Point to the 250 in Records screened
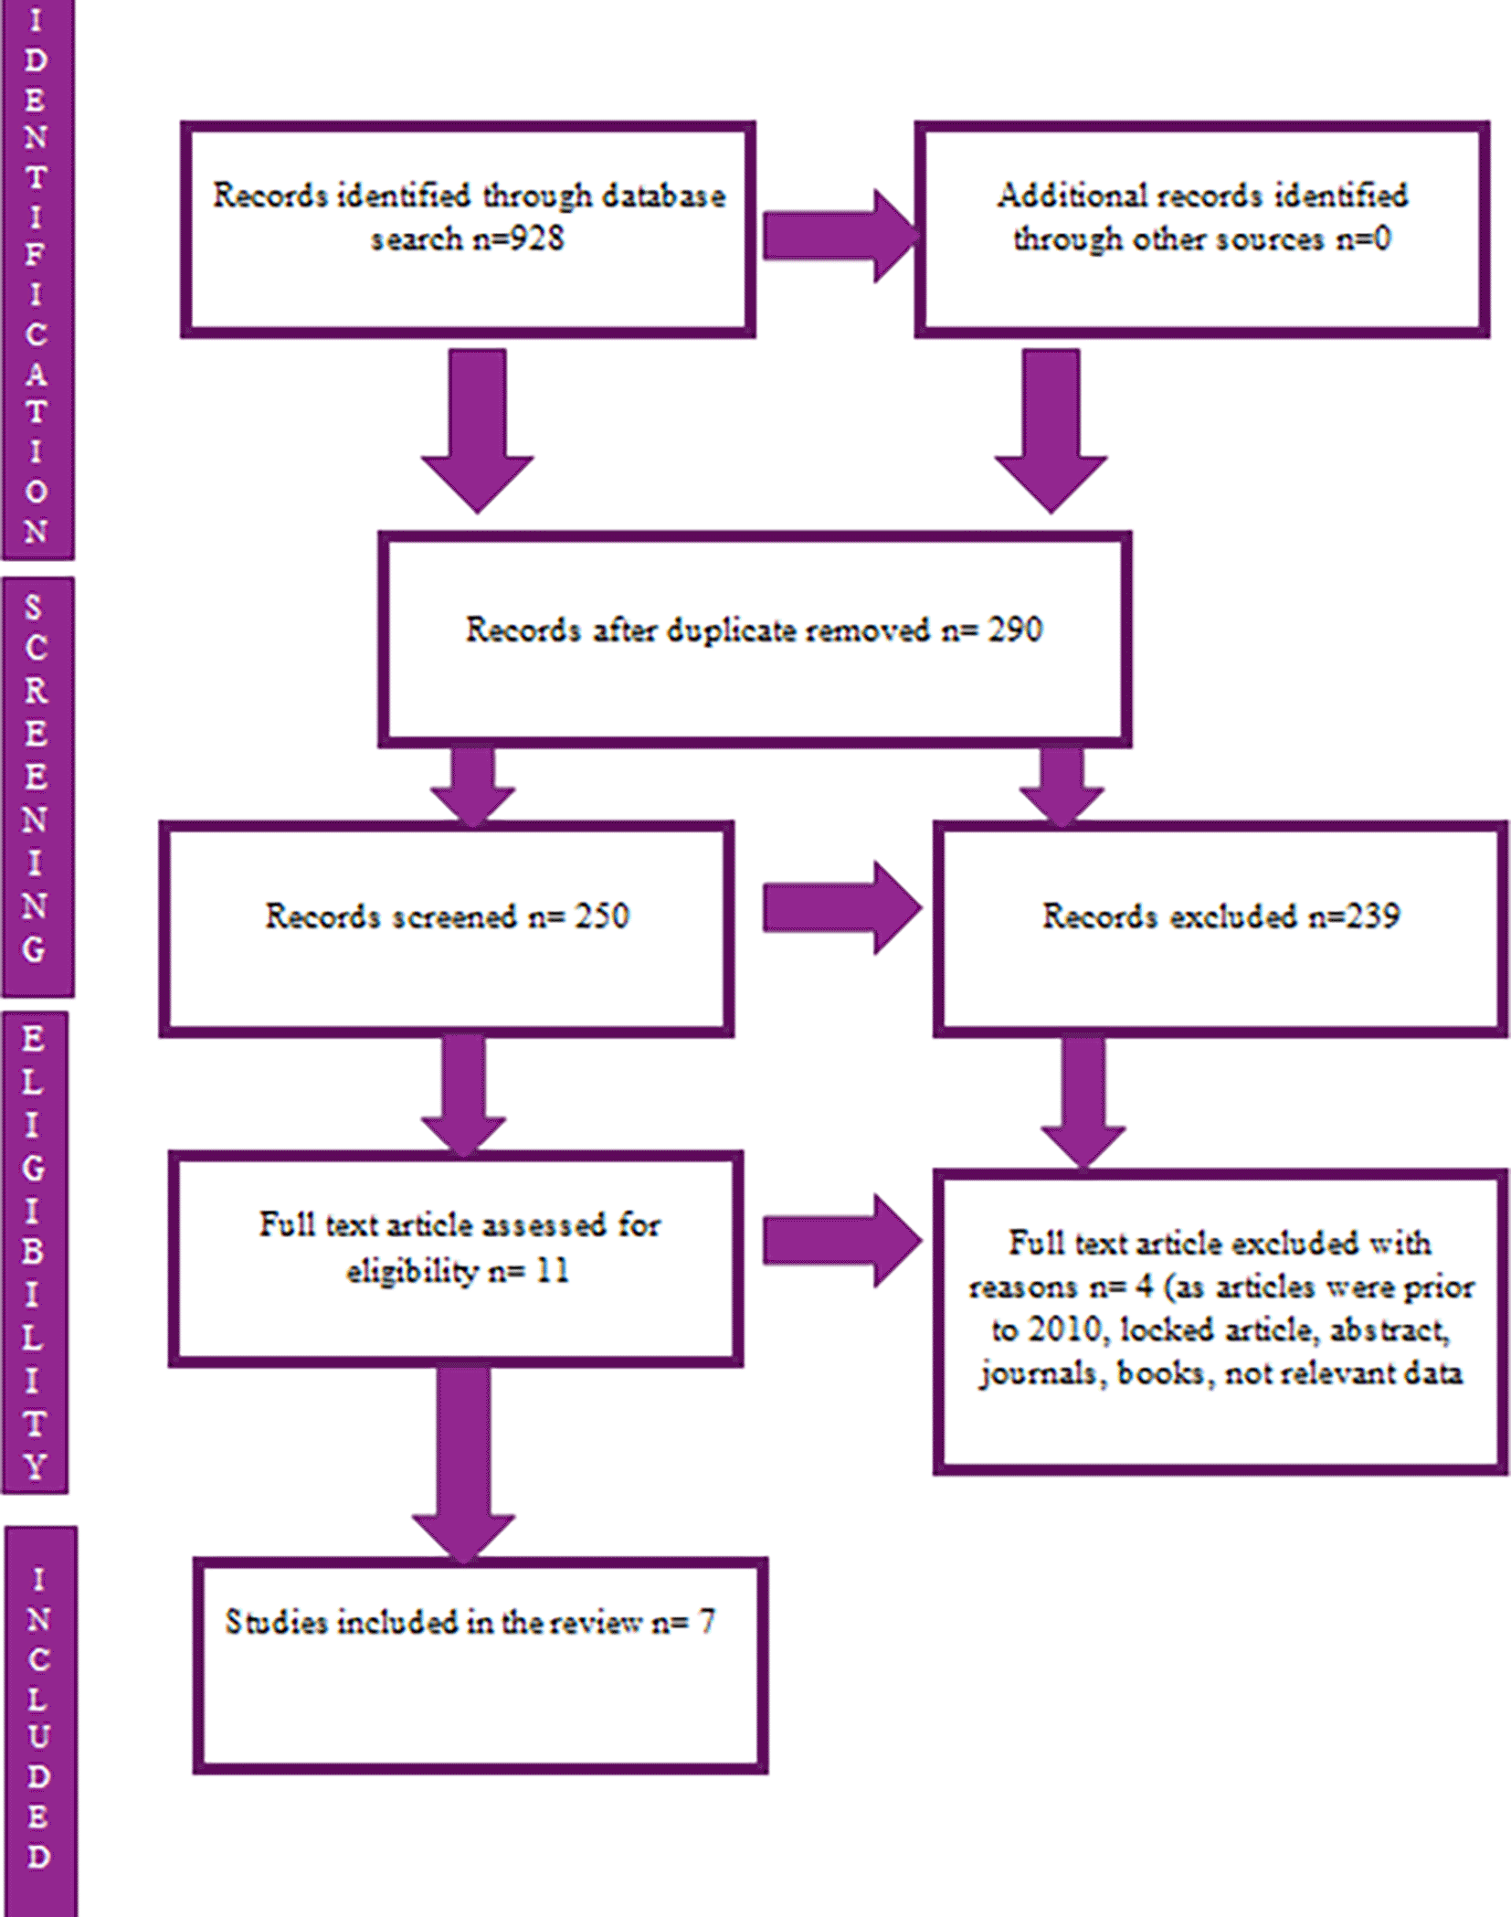(x=602, y=916)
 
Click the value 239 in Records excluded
(x=1371, y=916)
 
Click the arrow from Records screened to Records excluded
(x=841, y=907)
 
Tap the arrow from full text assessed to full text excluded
(x=841, y=1241)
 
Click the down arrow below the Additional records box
(x=1051, y=431)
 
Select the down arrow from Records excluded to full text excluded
(x=1083, y=1103)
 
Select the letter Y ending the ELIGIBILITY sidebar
(x=34, y=1467)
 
